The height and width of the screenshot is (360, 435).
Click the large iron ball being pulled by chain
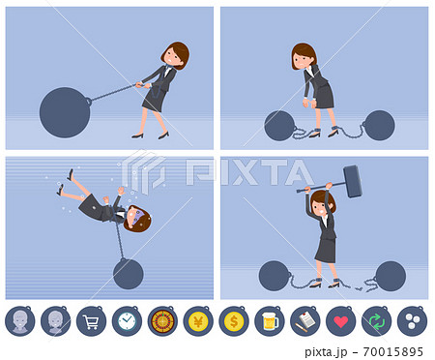pyautogui.click(x=64, y=112)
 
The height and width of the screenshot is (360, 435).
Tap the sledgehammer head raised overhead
pyautogui.click(x=352, y=180)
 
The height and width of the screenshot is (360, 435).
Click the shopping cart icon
pyautogui.click(x=91, y=321)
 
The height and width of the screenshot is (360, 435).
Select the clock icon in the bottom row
pyautogui.click(x=127, y=321)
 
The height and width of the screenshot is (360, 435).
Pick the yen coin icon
pyautogui.click(x=198, y=321)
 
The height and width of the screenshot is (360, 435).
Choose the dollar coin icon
pyautogui.click(x=234, y=321)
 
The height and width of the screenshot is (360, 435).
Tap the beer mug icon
pyautogui.click(x=270, y=321)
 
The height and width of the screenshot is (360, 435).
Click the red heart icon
pyautogui.click(x=340, y=321)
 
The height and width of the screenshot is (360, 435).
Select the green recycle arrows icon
pyautogui.click(x=376, y=321)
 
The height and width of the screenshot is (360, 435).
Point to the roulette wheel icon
pyautogui.click(x=162, y=321)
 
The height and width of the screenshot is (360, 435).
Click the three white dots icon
pyautogui.click(x=412, y=321)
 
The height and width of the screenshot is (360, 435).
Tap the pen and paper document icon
pyautogui.click(x=304, y=321)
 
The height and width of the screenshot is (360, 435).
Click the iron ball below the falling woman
pyautogui.click(x=128, y=274)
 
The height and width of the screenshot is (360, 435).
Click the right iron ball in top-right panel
pyautogui.click(x=378, y=125)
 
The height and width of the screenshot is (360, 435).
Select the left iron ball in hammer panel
pyautogui.click(x=274, y=276)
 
